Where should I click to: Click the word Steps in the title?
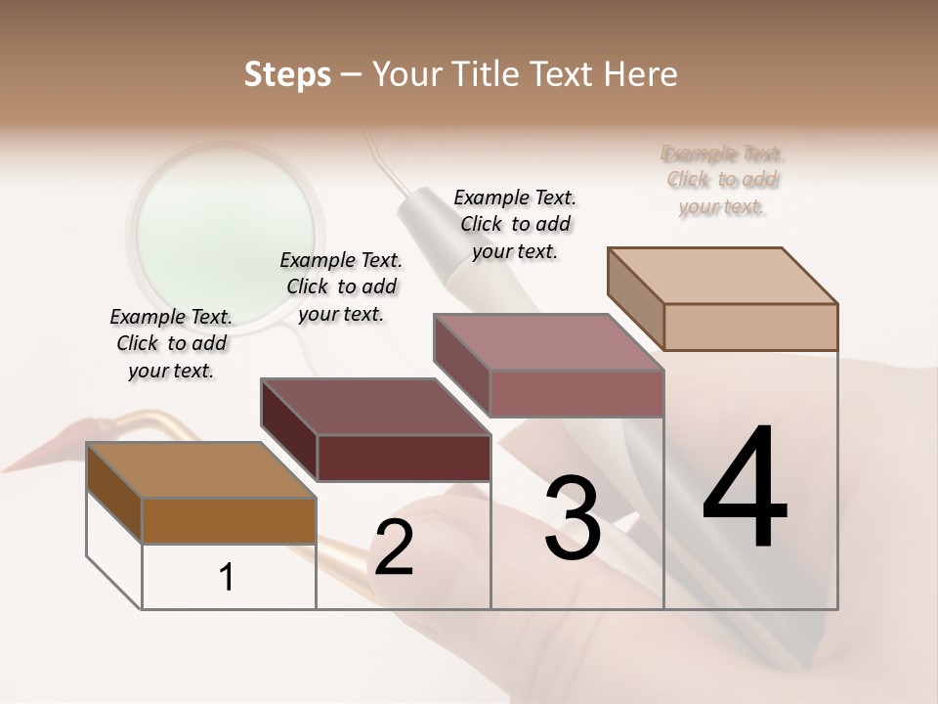287,74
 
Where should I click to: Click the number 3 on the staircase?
573,518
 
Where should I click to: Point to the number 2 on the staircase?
394,548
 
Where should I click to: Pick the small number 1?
227,578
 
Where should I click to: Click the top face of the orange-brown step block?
201,470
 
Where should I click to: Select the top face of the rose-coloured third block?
549,342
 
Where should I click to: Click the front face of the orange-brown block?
229,521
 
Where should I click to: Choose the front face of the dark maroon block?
404,458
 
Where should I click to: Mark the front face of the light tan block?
750,327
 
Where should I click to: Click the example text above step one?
171,343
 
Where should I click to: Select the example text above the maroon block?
341,286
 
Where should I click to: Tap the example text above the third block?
515,224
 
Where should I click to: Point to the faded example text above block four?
722,180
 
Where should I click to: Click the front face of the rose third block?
576,393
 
